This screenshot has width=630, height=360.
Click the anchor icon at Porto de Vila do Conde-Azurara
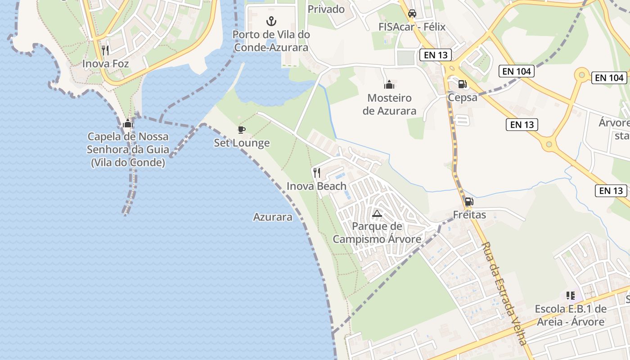click(x=271, y=21)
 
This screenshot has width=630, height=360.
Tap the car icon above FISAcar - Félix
click(x=412, y=13)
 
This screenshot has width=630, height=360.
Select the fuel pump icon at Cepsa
click(x=462, y=84)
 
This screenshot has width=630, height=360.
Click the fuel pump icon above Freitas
click(x=469, y=202)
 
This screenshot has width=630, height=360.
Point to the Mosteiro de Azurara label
click(x=389, y=104)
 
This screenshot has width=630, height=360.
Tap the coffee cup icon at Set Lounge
click(x=242, y=130)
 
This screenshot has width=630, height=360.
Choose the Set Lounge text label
click(x=242, y=143)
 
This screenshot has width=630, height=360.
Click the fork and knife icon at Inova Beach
click(x=317, y=172)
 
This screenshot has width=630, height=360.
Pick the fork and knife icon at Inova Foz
click(x=105, y=50)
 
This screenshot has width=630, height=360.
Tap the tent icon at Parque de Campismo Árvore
click(x=377, y=213)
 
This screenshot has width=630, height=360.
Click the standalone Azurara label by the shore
click(x=273, y=217)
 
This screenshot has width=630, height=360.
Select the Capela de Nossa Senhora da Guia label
click(x=128, y=149)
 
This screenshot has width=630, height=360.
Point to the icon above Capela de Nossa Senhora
click(x=128, y=123)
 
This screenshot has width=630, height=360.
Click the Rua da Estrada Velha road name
click(x=504, y=293)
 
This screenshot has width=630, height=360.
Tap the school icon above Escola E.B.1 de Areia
click(x=571, y=296)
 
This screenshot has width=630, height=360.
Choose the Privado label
click(x=326, y=9)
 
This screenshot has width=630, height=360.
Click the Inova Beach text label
click(x=316, y=186)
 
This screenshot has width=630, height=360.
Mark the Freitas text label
click(x=469, y=215)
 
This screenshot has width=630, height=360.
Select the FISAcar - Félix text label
click(x=412, y=27)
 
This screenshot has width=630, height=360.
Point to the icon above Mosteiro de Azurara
click(x=389, y=84)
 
